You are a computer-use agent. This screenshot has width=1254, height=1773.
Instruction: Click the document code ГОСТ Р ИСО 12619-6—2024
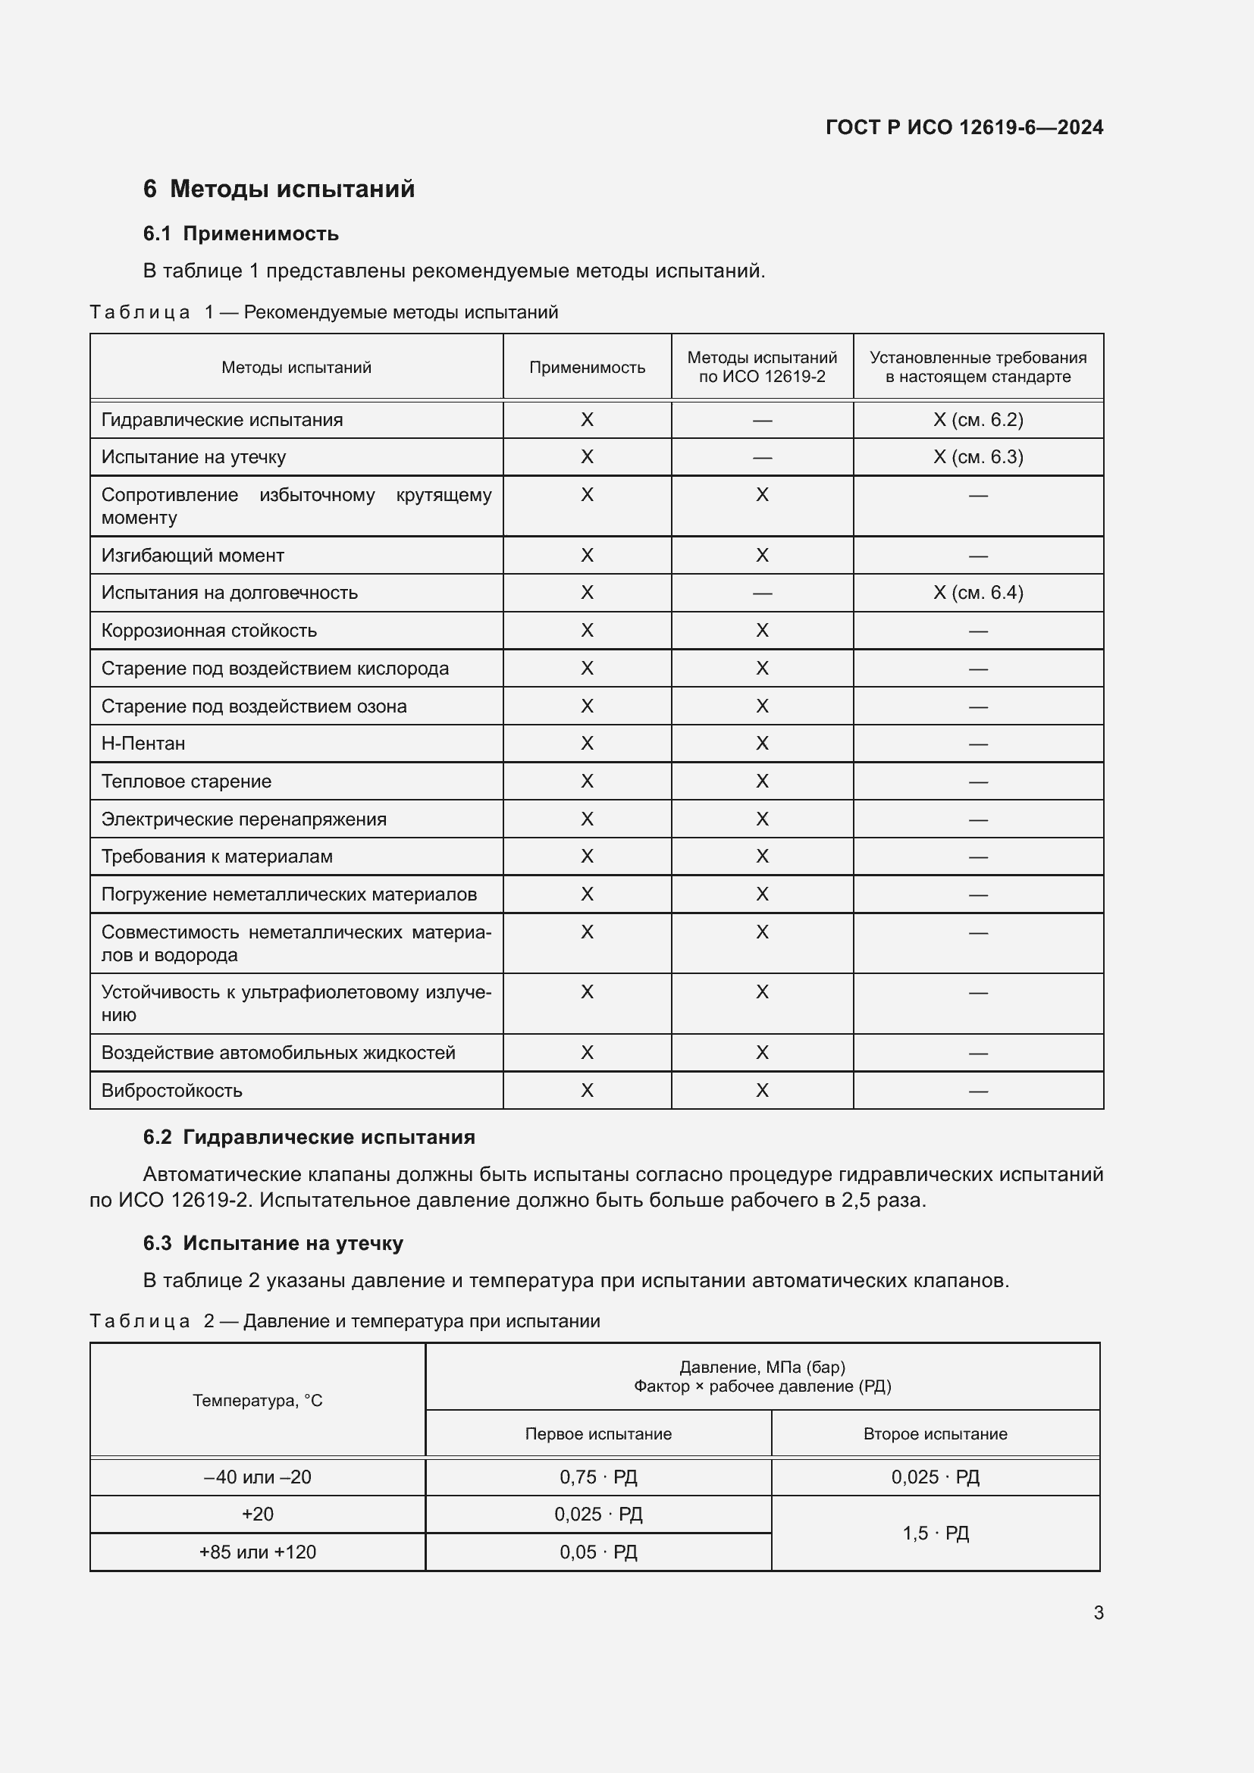[964, 127]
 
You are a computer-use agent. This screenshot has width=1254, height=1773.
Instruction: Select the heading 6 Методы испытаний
[279, 189]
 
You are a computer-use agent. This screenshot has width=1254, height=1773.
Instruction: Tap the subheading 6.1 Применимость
[241, 233]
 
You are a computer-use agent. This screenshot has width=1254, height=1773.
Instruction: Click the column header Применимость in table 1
[587, 368]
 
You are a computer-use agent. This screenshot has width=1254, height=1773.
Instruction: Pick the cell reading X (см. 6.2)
[977, 420]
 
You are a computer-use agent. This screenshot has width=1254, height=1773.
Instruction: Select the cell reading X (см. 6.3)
[977, 457]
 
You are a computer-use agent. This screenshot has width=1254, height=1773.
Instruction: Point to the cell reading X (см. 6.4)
[977, 593]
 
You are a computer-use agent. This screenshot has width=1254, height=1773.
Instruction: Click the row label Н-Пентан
[143, 744]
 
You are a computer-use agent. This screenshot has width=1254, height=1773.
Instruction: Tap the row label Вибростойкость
[172, 1090]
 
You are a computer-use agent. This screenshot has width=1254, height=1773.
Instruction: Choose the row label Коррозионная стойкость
[209, 631]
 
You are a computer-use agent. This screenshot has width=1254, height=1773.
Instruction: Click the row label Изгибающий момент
[193, 555]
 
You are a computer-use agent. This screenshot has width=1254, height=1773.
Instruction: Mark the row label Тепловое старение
[187, 782]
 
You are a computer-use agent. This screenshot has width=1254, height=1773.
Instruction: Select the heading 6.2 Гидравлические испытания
[309, 1138]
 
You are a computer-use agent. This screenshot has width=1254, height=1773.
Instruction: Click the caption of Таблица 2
[344, 1321]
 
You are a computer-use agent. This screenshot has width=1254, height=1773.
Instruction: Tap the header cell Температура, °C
[257, 1401]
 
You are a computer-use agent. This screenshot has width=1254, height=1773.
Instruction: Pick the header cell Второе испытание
[935, 1434]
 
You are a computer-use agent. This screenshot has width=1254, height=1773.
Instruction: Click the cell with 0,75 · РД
[598, 1477]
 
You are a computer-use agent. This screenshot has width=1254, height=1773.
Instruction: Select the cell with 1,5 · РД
[935, 1533]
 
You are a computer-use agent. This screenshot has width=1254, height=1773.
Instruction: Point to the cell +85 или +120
[257, 1552]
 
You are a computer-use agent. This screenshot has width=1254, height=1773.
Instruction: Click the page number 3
[1098, 1612]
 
